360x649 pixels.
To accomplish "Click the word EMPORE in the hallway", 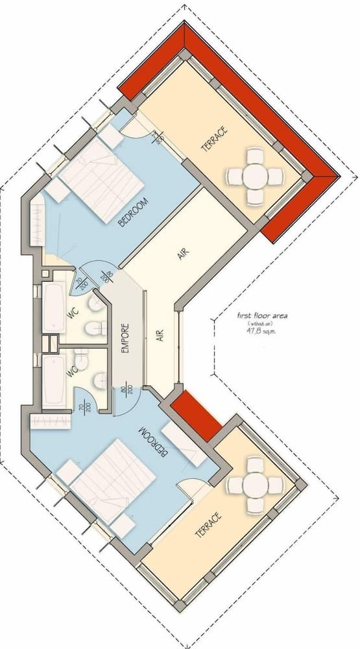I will pyautogui.click(x=127, y=338).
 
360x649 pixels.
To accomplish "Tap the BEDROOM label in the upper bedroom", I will pyautogui.click(x=134, y=212).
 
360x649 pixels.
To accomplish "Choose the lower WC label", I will pyautogui.click(x=73, y=371).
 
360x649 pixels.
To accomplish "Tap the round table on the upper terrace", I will pyautogui.click(x=255, y=175).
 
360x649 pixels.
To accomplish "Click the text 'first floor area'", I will pyautogui.click(x=262, y=316).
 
